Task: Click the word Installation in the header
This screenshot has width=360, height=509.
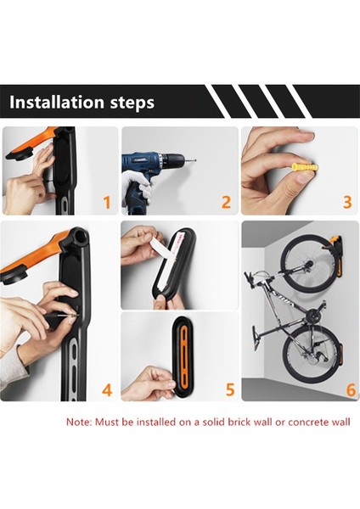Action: pos(57,102)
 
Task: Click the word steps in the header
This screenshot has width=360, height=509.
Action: pos(132,103)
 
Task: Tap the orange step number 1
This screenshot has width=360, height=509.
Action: pos(107,202)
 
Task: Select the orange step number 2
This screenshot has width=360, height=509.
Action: pos(226,202)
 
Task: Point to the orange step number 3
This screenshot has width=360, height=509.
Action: pos(347,202)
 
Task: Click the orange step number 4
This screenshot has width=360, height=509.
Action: pos(107,390)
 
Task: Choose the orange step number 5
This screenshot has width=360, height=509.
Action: pos(230,389)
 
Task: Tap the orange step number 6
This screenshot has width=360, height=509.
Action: pos(352,390)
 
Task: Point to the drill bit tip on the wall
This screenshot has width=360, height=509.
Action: pos(195,160)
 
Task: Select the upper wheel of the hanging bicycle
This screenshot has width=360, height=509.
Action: pos(306,262)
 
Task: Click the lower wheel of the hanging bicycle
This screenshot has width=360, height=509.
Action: pos(307,352)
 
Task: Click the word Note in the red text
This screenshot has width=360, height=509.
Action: pos(79,422)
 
